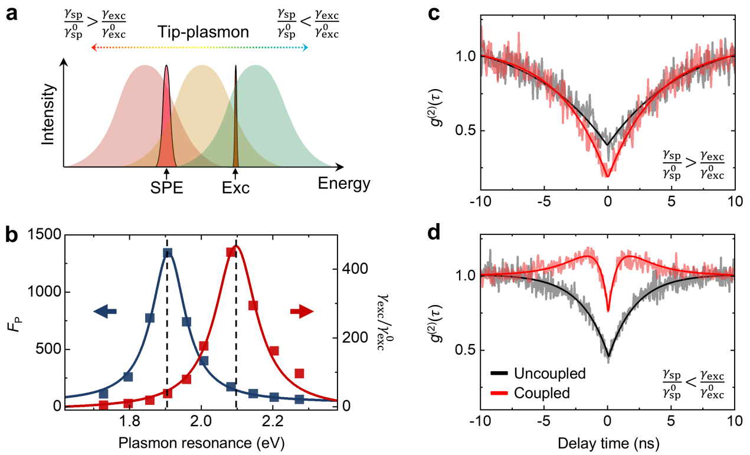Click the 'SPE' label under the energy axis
point(166,188)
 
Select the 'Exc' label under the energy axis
point(236,188)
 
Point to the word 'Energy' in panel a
point(344,184)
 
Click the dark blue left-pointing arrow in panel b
point(105,312)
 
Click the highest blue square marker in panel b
point(168,253)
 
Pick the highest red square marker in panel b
point(231,253)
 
